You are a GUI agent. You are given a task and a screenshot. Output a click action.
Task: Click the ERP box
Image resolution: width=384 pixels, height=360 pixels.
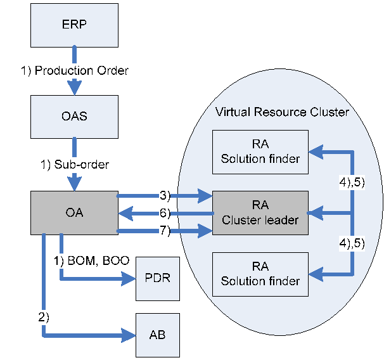[x=74, y=25]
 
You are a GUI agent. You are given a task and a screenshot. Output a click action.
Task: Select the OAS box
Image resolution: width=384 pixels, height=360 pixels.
[x=74, y=117]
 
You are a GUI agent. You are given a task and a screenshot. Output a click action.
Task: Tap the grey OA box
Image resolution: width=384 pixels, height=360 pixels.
[x=74, y=213]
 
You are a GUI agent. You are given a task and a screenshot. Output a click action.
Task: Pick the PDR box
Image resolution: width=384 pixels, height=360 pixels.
[x=158, y=279]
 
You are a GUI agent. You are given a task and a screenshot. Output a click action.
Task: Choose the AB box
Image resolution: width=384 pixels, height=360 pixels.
[x=158, y=335]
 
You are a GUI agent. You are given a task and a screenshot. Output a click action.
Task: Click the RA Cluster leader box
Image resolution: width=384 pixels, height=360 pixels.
[x=260, y=213]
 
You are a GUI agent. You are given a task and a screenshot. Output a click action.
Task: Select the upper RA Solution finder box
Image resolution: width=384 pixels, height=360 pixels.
[x=260, y=152]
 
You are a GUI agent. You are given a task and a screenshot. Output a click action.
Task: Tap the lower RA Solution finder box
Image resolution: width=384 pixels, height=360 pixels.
[x=260, y=274]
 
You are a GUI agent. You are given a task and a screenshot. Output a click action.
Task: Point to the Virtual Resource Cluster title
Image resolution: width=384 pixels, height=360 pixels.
[x=282, y=112]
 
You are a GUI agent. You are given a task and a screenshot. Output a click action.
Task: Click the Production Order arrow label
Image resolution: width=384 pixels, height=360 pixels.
[x=75, y=70]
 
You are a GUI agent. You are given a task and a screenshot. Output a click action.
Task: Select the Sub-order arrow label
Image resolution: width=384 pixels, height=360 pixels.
[x=75, y=165]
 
